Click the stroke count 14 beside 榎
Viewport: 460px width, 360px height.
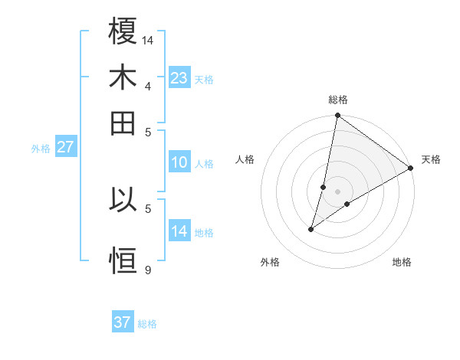[149, 40]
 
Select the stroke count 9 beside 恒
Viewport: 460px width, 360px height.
[147, 270]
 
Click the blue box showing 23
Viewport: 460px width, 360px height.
[179, 78]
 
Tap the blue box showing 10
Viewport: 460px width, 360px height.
[179, 162]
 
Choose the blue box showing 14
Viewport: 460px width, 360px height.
[179, 231]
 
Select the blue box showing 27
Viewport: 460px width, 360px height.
[65, 147]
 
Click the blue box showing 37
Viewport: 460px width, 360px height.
[123, 322]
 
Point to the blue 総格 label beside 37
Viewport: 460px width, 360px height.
[147, 324]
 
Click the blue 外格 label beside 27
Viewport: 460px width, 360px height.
[40, 149]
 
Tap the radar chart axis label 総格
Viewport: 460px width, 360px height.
[338, 100]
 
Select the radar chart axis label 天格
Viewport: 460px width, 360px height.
[431, 159]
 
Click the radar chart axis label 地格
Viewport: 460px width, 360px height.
[402, 263]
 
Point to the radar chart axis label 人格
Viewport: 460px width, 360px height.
[245, 159]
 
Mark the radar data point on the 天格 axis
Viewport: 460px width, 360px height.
[411, 168]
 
